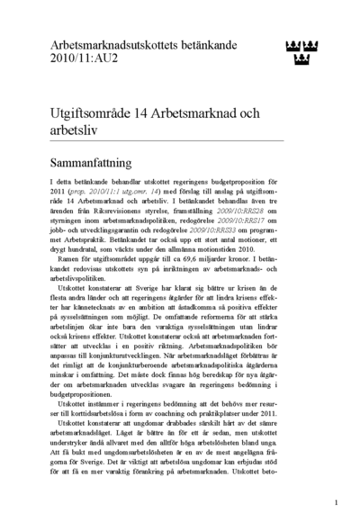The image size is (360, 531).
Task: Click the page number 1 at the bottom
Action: [336, 502]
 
